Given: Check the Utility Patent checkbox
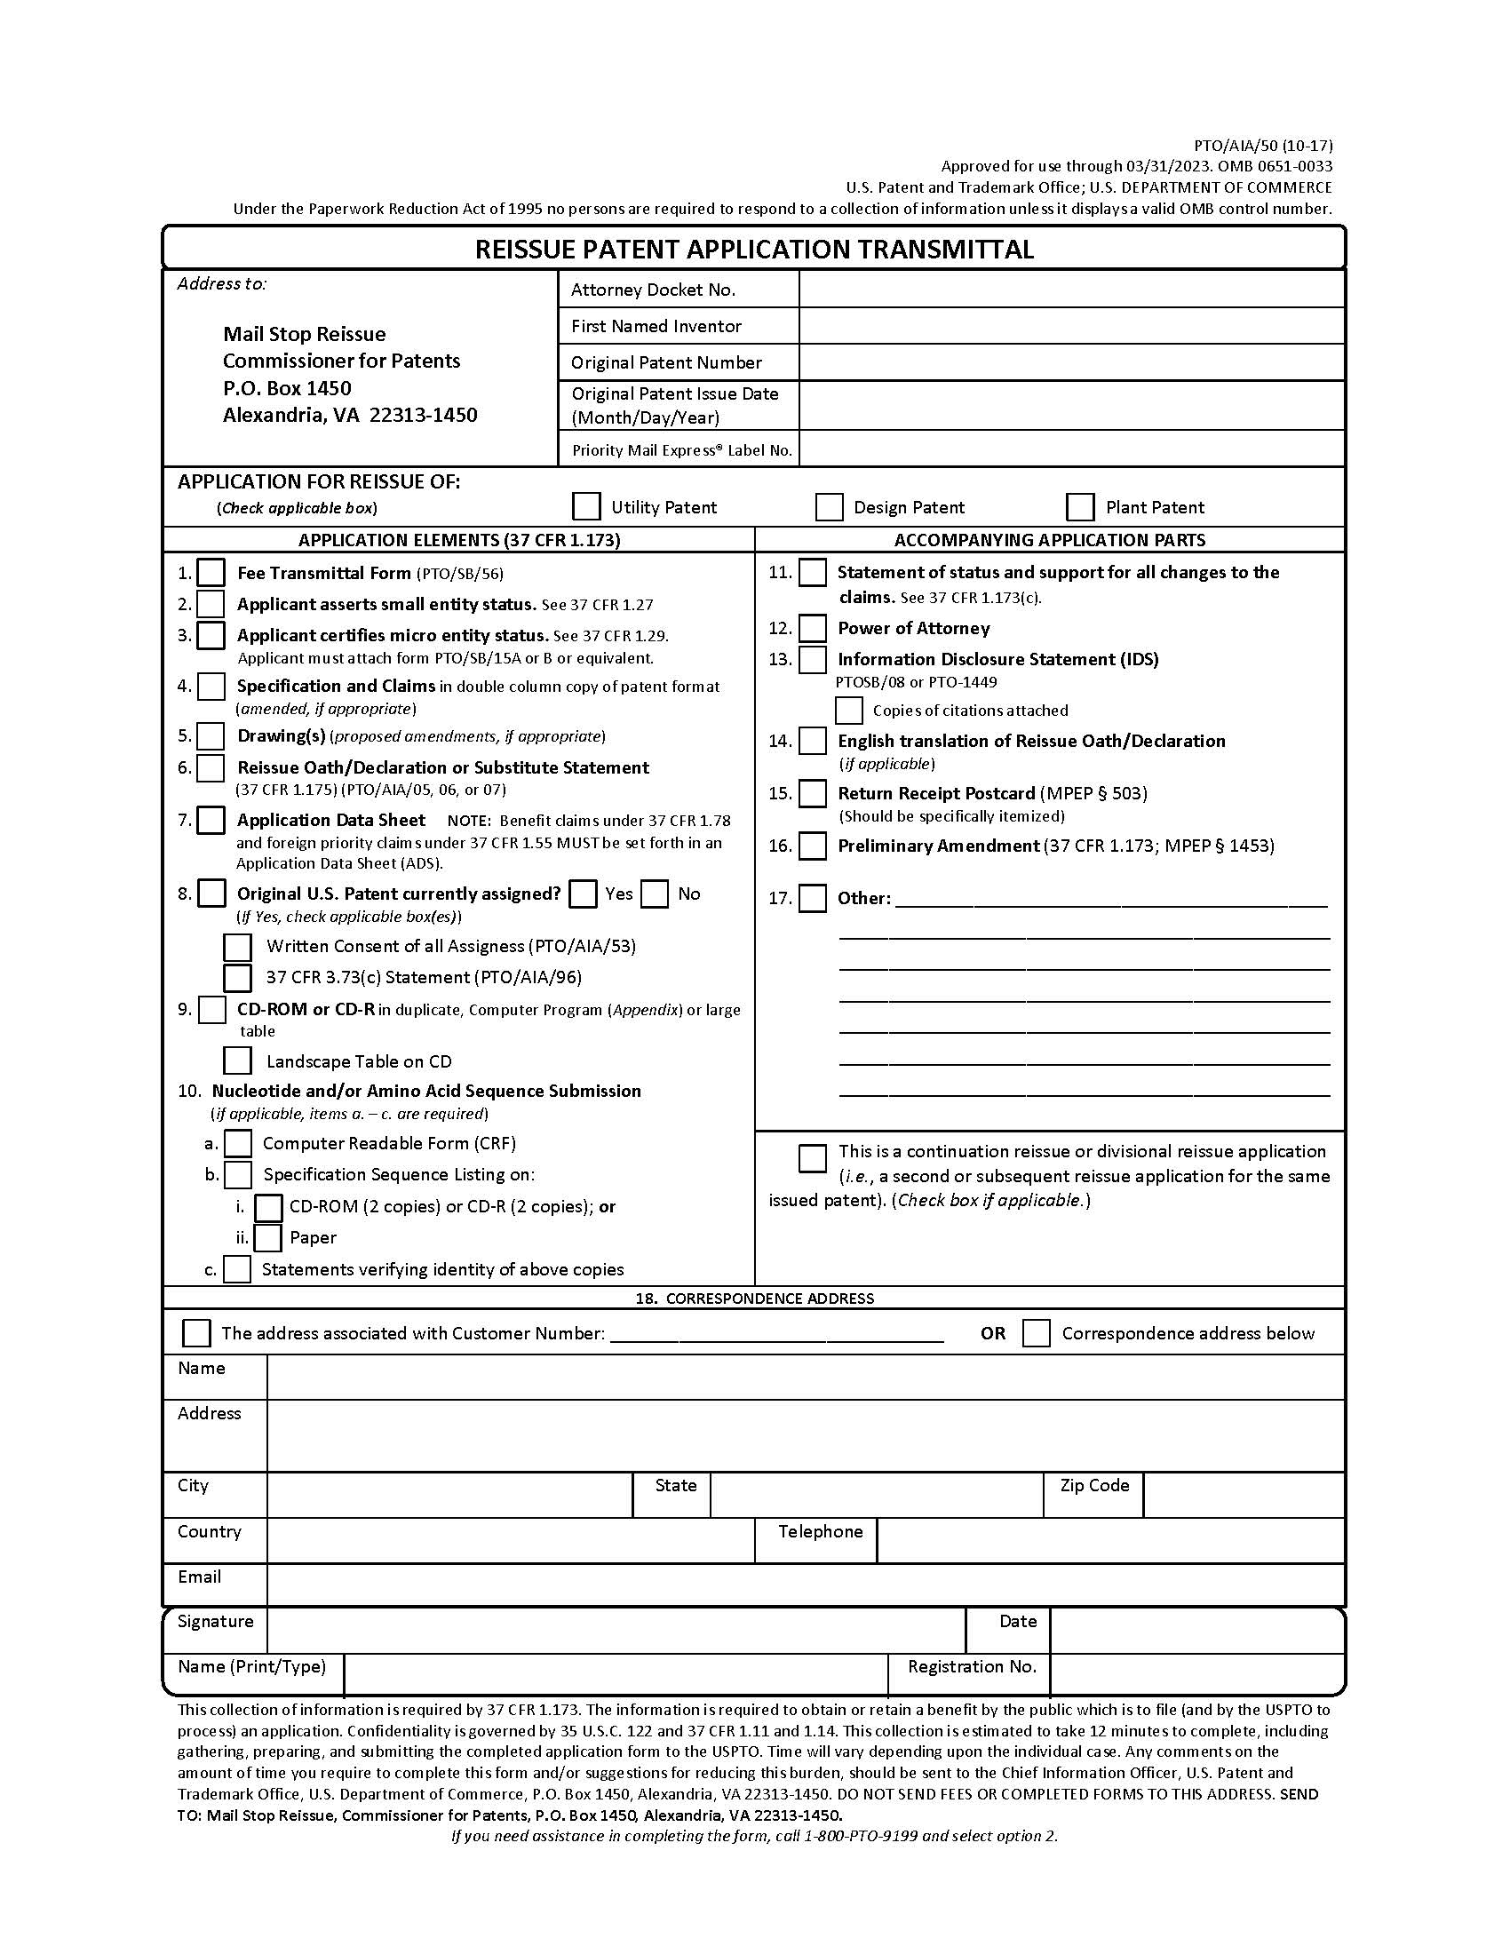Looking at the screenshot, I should click(586, 506).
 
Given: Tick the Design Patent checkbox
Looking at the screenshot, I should click(830, 506).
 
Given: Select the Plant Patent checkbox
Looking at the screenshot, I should click(1080, 506).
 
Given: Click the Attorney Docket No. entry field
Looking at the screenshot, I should click(1072, 289).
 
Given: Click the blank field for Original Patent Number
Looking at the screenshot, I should click(1072, 362).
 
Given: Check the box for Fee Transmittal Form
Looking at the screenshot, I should click(211, 573).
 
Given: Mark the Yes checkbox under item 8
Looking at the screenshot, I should click(584, 894).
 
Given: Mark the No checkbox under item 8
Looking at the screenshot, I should click(655, 894).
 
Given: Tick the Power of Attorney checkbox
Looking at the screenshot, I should click(812, 628).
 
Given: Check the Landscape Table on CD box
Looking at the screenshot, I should click(237, 1060).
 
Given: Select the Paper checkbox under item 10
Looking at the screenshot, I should click(267, 1237).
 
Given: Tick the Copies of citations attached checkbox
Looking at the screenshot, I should click(848, 711).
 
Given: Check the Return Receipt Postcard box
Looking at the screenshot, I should click(812, 793).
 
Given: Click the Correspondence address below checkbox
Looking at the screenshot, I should click(1036, 1333).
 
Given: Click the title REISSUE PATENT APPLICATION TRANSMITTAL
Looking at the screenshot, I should click(754, 249).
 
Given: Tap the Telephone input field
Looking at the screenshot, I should click(1110, 1541).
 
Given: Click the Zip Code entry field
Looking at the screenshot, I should click(1244, 1495).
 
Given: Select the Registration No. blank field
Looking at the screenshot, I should click(1197, 1674).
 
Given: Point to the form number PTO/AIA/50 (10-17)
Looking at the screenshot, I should click(1263, 146).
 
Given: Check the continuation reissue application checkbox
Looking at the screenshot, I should click(812, 1157).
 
